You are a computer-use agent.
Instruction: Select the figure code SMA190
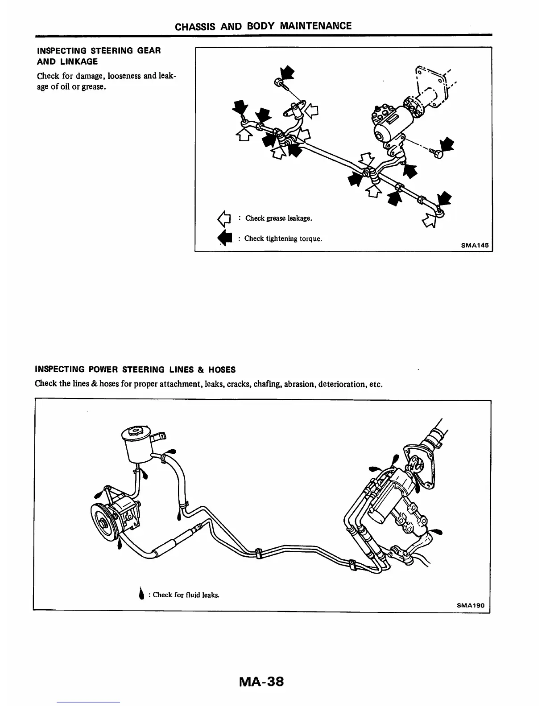(x=470, y=606)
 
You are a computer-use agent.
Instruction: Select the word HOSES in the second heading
(x=221, y=369)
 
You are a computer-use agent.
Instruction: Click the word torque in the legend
(x=310, y=238)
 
